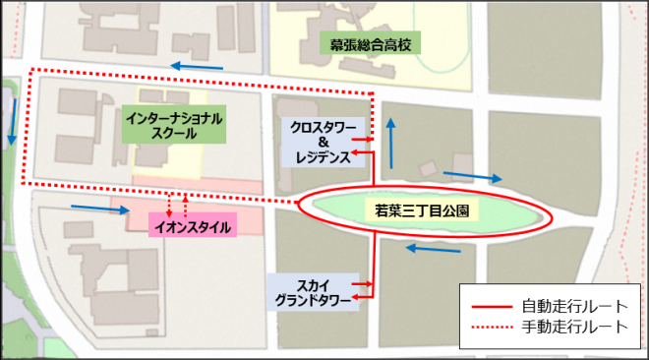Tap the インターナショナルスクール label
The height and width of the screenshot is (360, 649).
[x=175, y=124]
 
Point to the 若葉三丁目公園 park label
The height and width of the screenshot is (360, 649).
[x=421, y=210]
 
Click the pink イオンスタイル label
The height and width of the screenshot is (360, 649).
[x=194, y=227]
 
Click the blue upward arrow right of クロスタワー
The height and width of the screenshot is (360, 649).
[x=391, y=144]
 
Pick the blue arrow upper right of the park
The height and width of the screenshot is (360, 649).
[x=474, y=178]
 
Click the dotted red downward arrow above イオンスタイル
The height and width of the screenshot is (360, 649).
[x=169, y=205]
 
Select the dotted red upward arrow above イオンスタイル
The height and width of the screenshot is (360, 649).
[x=186, y=205]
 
